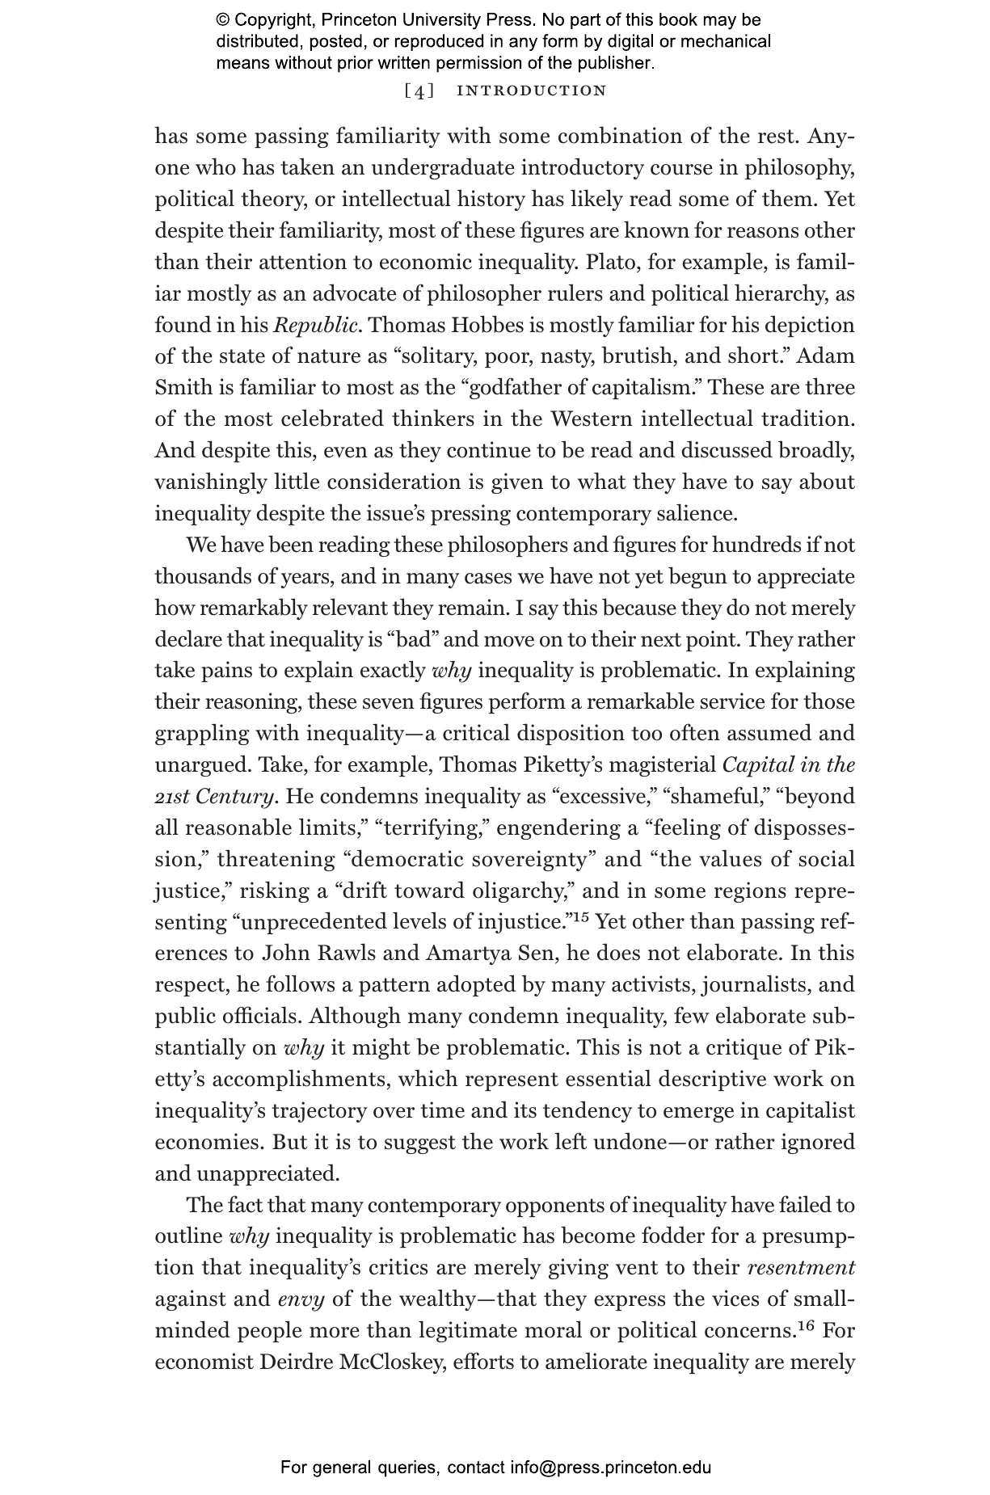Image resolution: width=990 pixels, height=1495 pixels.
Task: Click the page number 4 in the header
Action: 419,91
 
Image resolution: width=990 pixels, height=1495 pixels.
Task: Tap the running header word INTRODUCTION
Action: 531,91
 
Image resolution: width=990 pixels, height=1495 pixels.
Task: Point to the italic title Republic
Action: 315,325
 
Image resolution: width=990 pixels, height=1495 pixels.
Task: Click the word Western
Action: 591,419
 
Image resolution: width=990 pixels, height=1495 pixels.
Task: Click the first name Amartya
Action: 467,953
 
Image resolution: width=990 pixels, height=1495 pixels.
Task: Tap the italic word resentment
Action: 800,1267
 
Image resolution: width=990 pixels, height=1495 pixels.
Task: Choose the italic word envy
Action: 301,1299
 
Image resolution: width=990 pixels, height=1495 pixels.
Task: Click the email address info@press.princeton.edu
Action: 610,1468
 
